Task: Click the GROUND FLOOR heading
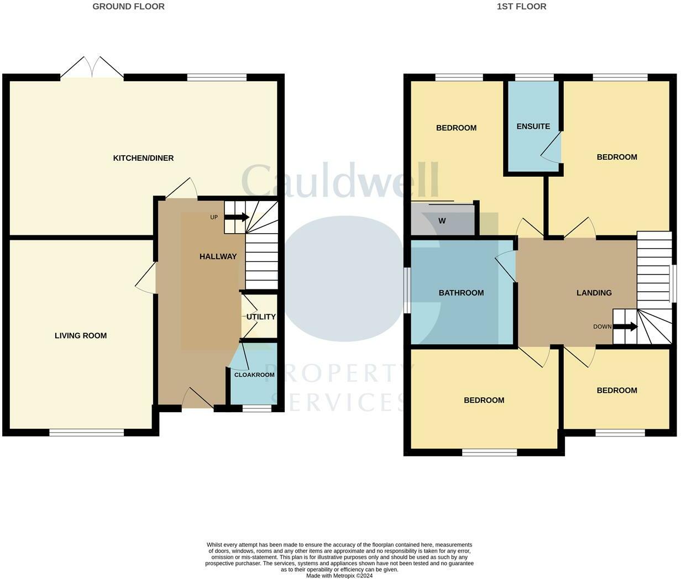pos(128,7)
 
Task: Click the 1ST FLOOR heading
pos(521,7)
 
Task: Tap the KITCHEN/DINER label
pos(143,158)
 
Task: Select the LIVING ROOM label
pos(81,335)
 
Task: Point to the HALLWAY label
pos(218,256)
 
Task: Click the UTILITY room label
pos(261,317)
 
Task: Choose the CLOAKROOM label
pos(254,375)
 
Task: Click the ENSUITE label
pos(533,126)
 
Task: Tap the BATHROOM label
pos(461,293)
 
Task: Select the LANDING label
pos(594,293)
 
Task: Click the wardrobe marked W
pos(442,221)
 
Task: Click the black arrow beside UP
pos(237,217)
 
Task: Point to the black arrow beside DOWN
pos(625,327)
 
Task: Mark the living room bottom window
pos(86,433)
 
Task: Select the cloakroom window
pos(257,409)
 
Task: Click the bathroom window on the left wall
pos(407,291)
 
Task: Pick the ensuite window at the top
pos(534,78)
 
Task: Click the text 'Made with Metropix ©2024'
pos(339,575)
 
